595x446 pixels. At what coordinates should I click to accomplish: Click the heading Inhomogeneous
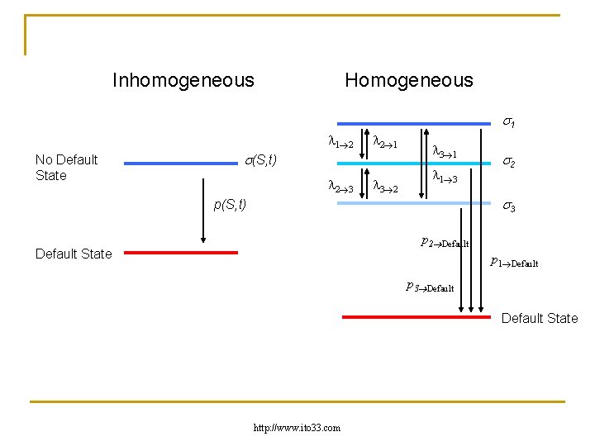tap(183, 80)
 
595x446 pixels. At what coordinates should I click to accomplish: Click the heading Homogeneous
tap(408, 80)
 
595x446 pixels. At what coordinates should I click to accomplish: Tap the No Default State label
tap(67, 167)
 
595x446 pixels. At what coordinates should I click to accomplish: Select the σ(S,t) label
tap(262, 159)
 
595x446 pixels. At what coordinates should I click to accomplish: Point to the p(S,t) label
tap(230, 204)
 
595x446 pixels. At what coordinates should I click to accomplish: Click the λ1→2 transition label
tap(340, 144)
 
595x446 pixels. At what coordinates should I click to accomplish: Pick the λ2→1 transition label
tap(386, 144)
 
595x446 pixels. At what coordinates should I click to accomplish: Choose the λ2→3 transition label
tap(340, 188)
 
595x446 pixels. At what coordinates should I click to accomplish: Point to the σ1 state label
tap(510, 123)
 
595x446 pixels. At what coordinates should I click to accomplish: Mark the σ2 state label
tap(510, 163)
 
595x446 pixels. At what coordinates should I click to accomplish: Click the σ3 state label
tap(510, 207)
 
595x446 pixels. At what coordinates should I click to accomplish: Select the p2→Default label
tap(445, 243)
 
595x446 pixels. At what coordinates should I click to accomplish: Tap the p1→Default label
tap(513, 263)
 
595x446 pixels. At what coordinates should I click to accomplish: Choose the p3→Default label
tap(430, 287)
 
